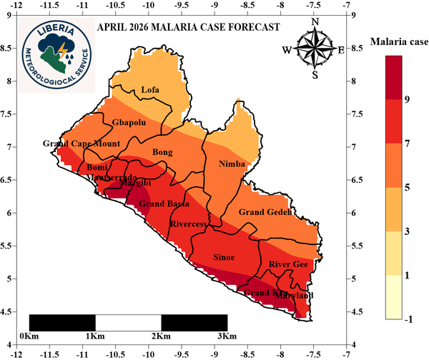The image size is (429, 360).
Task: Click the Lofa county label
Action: pyautogui.click(x=150, y=90)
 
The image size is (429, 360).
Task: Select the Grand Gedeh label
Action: pyautogui.click(x=265, y=213)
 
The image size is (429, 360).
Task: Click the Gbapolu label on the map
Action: pyautogui.click(x=129, y=123)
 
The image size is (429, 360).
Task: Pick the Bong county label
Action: pyautogui.click(x=163, y=152)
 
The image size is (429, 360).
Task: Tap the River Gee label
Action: pyautogui.click(x=288, y=265)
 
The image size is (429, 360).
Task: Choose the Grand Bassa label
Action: pyautogui.click(x=164, y=204)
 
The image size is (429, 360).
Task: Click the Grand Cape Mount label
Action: pyautogui.click(x=81, y=144)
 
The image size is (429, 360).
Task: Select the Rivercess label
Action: pyautogui.click(x=188, y=224)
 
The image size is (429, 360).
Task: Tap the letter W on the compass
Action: pyautogui.click(x=287, y=50)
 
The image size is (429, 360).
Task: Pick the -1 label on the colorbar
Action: pyautogui.click(x=408, y=319)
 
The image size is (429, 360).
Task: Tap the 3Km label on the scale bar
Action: pyautogui.click(x=227, y=336)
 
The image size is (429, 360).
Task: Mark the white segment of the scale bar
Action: pyautogui.click(x=128, y=322)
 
